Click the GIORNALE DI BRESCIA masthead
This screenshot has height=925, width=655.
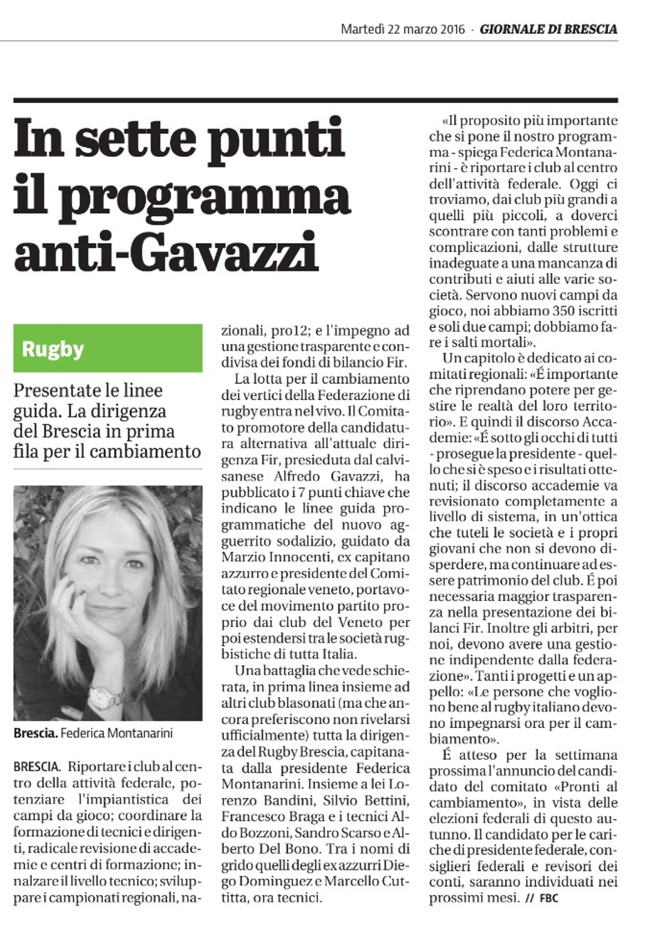549,29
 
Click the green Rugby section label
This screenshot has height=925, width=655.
53,349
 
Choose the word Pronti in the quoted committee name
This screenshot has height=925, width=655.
578,787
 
